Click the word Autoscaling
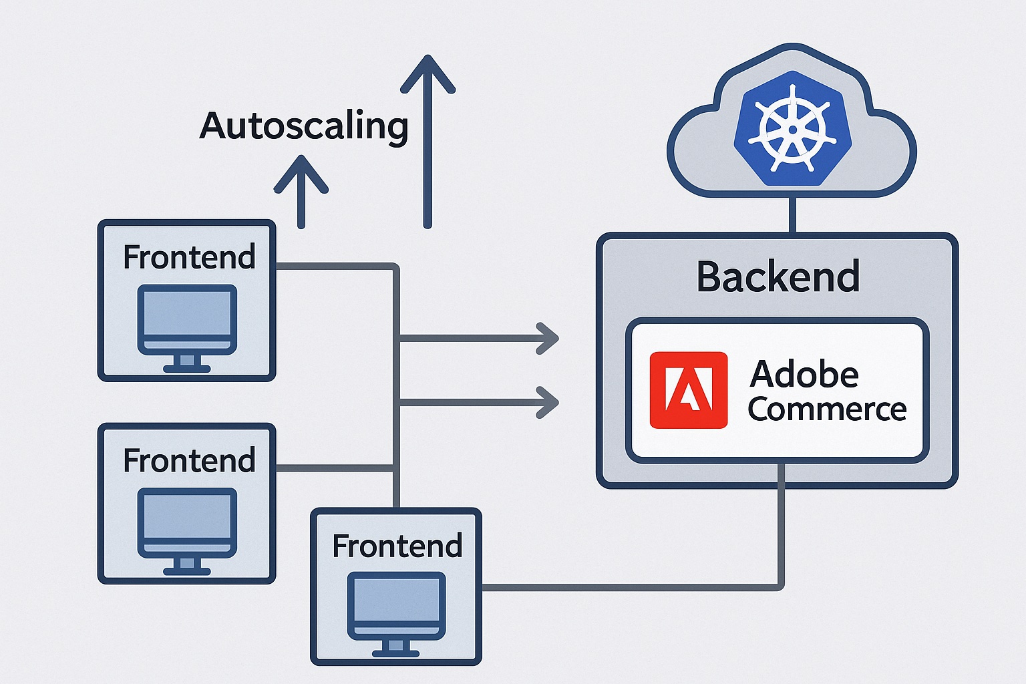click(304, 126)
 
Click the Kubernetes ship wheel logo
click(792, 128)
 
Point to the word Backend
click(778, 277)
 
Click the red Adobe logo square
click(689, 390)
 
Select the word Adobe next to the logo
click(804, 374)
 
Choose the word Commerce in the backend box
click(827, 409)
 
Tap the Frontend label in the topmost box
click(189, 257)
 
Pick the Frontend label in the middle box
click(189, 461)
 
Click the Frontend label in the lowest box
click(397, 546)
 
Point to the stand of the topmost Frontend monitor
click(187, 363)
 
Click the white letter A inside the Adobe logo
click(689, 390)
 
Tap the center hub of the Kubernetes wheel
click(792, 129)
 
